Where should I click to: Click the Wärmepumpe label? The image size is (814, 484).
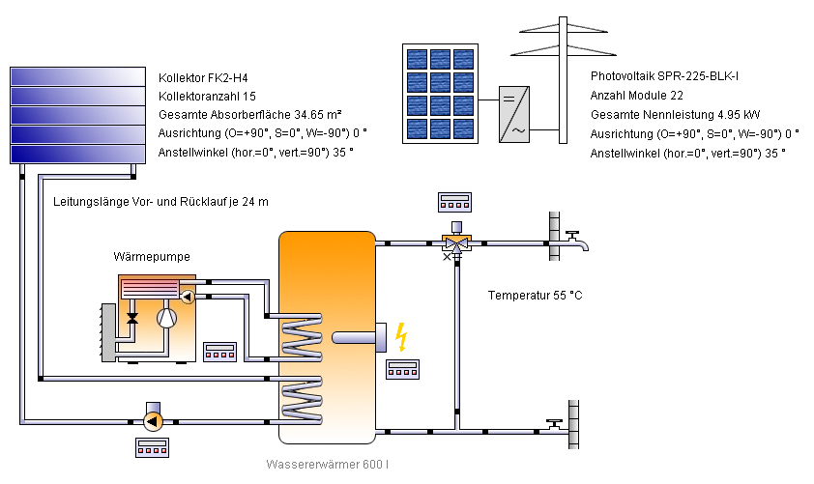pos(152,257)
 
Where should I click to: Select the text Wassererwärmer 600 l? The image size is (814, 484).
pos(328,465)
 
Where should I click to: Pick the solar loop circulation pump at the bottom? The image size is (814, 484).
pos(151,421)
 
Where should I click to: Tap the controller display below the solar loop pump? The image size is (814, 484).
pos(152,447)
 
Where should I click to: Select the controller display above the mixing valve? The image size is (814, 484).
pos(454,202)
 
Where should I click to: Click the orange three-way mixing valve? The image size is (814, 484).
pos(454,243)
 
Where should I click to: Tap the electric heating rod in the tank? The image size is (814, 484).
pos(358,337)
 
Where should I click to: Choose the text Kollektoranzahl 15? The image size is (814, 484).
pos(207,97)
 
